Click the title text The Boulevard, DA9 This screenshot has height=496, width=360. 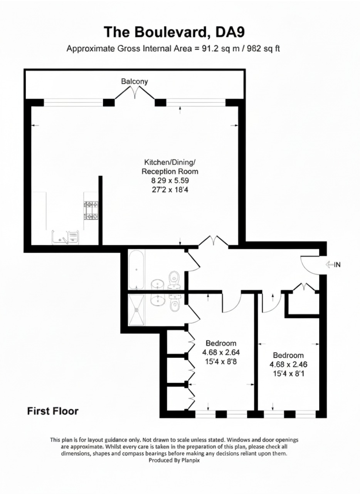tap(174, 32)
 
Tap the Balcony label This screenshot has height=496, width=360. tap(134, 81)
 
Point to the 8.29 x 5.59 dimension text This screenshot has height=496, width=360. tap(170, 180)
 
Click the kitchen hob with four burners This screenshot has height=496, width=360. tap(91, 211)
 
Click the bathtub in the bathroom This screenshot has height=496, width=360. tap(136, 270)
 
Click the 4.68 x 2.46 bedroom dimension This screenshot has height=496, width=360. tap(288, 364)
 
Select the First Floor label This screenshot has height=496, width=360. tap(52, 411)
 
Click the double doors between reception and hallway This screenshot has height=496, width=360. tap(213, 241)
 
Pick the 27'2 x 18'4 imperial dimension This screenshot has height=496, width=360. tap(170, 189)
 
